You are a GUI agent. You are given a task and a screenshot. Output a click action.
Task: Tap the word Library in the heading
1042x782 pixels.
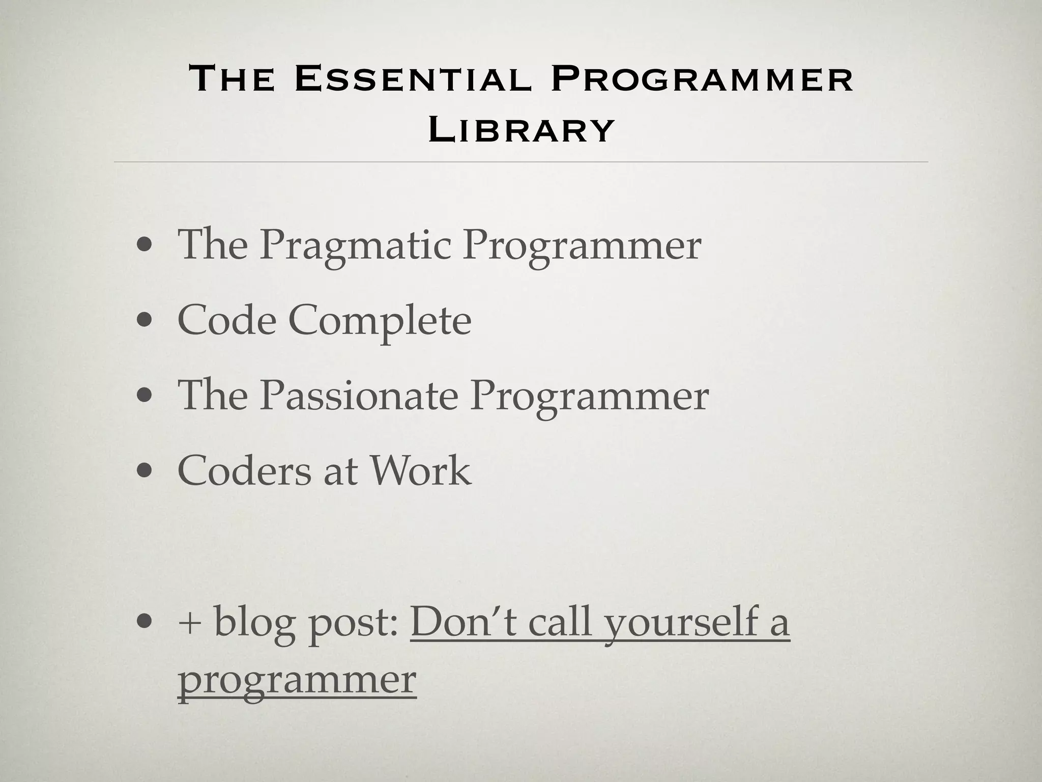tap(521, 129)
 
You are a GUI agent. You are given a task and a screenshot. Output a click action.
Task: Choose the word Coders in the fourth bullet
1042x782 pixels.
tap(244, 470)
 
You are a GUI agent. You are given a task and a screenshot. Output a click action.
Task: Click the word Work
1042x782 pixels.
tap(420, 470)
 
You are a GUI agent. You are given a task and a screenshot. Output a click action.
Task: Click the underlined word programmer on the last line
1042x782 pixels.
tap(297, 680)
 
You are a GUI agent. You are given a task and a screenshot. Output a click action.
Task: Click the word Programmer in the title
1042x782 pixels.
tap(702, 80)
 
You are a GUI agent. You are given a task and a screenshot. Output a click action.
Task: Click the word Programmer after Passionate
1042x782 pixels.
tap(589, 397)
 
